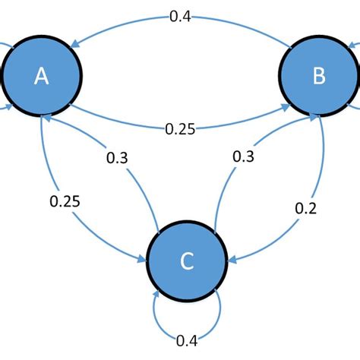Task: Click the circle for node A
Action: pos(42,76)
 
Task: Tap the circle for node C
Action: pos(187,261)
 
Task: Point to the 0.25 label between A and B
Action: pos(180,129)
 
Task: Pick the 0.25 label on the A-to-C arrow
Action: pos(65,201)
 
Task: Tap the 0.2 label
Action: pos(304,207)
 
